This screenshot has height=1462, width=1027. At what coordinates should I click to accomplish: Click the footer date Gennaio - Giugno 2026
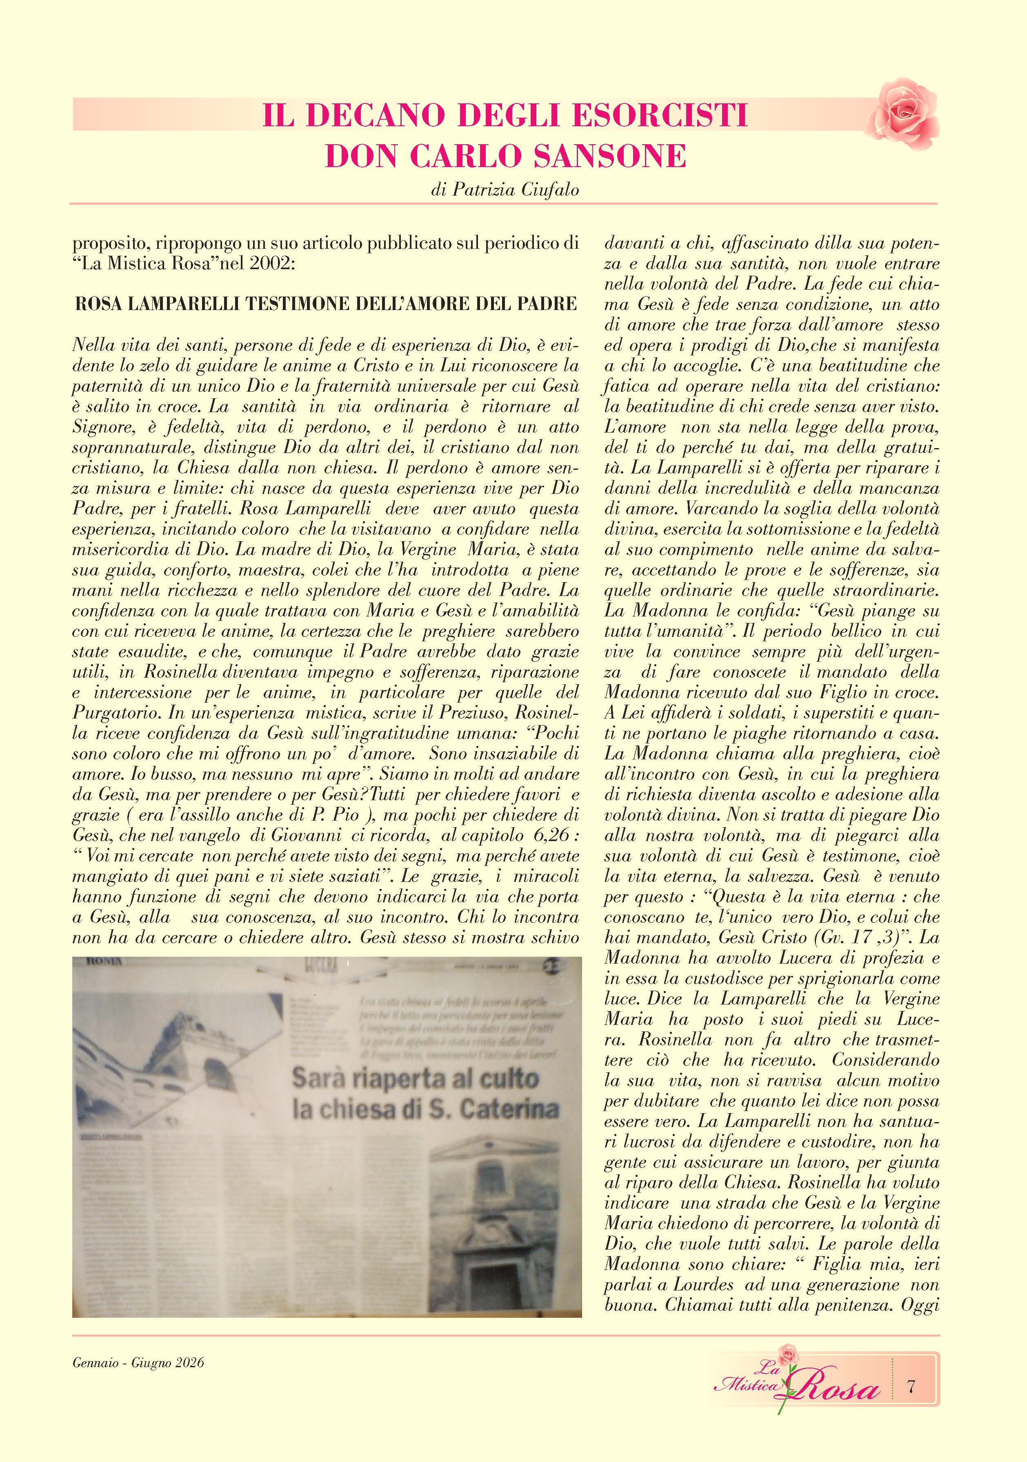[138, 1363]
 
